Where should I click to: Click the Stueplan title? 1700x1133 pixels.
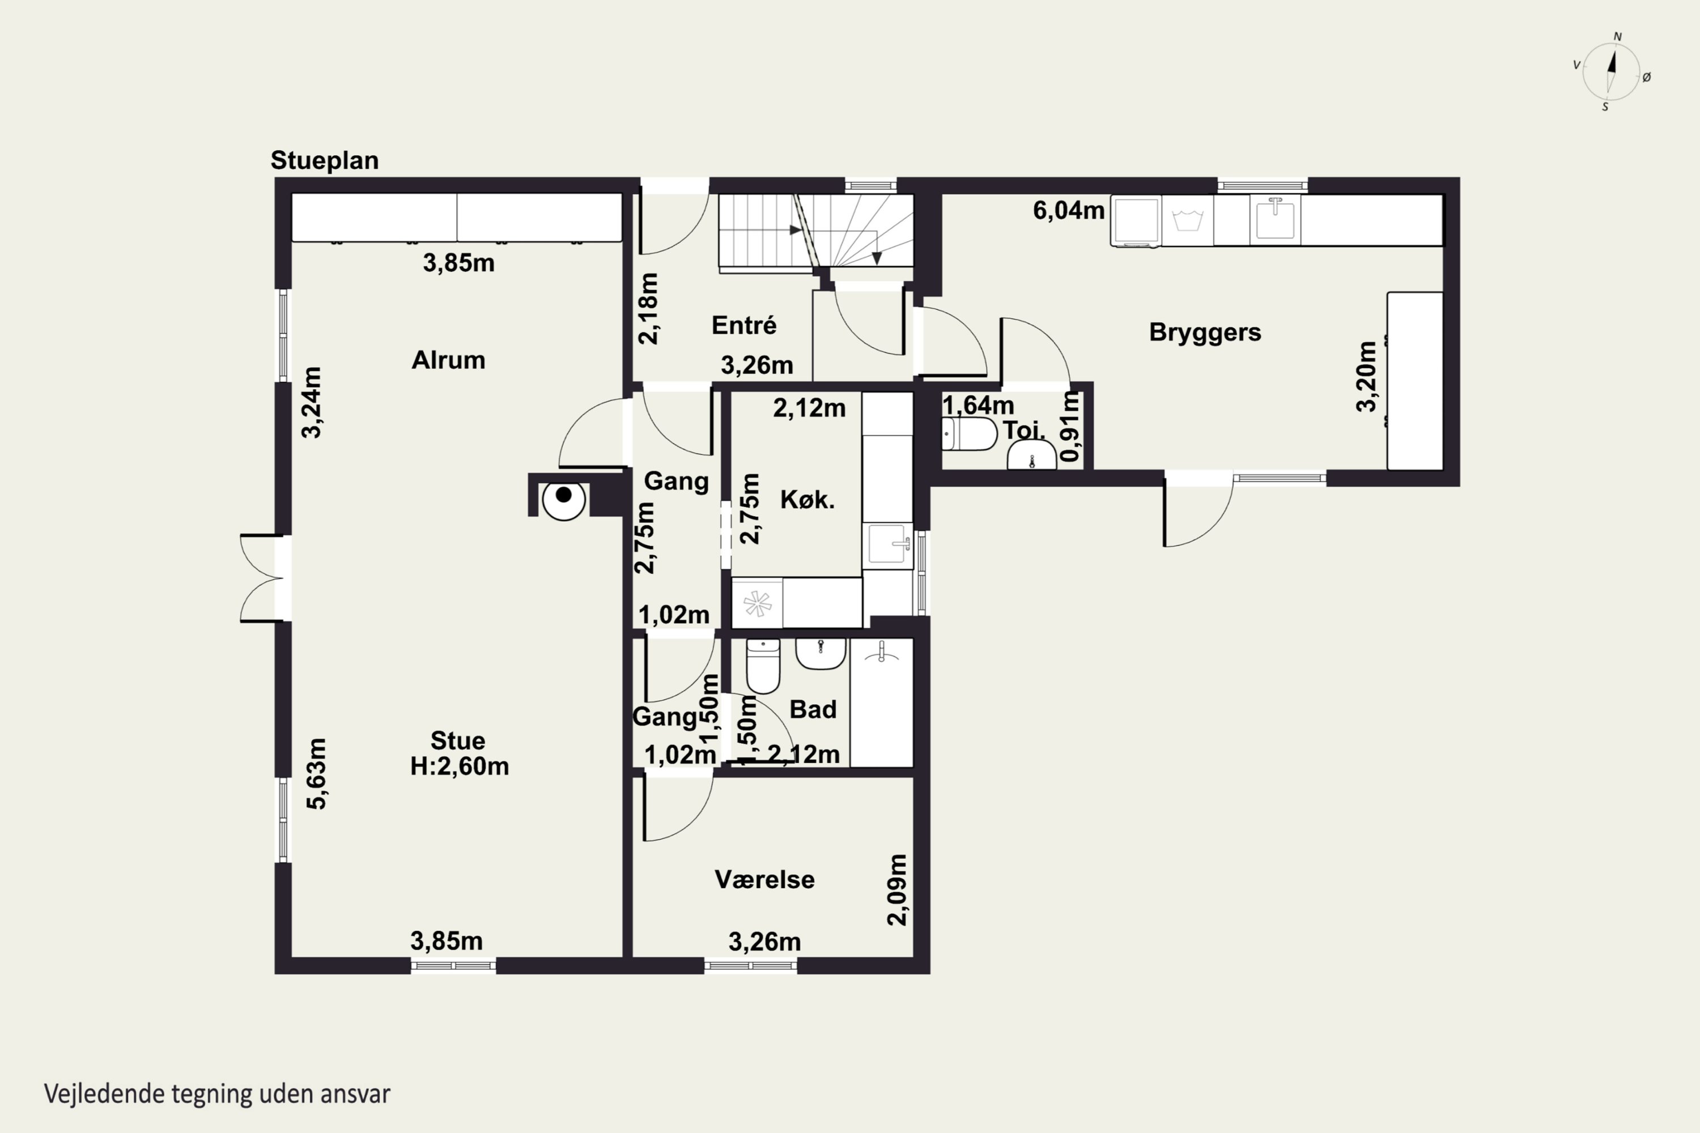[325, 160]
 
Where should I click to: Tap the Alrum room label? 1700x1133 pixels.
[448, 360]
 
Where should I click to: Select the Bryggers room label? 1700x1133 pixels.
[1205, 333]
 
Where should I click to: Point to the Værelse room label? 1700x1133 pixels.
[764, 879]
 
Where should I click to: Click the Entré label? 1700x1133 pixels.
[743, 325]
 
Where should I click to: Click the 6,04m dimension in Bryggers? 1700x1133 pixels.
[1068, 210]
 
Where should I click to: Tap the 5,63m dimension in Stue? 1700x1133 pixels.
[317, 773]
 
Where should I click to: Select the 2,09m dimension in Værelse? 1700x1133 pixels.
[896, 889]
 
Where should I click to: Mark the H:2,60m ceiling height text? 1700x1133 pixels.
[460, 766]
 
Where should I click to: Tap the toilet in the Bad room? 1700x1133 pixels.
[763, 666]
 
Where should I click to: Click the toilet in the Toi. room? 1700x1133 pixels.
[969, 433]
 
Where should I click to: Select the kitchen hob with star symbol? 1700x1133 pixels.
[758, 603]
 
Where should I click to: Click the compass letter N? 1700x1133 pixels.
[1618, 36]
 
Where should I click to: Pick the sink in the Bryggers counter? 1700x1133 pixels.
[1275, 218]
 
